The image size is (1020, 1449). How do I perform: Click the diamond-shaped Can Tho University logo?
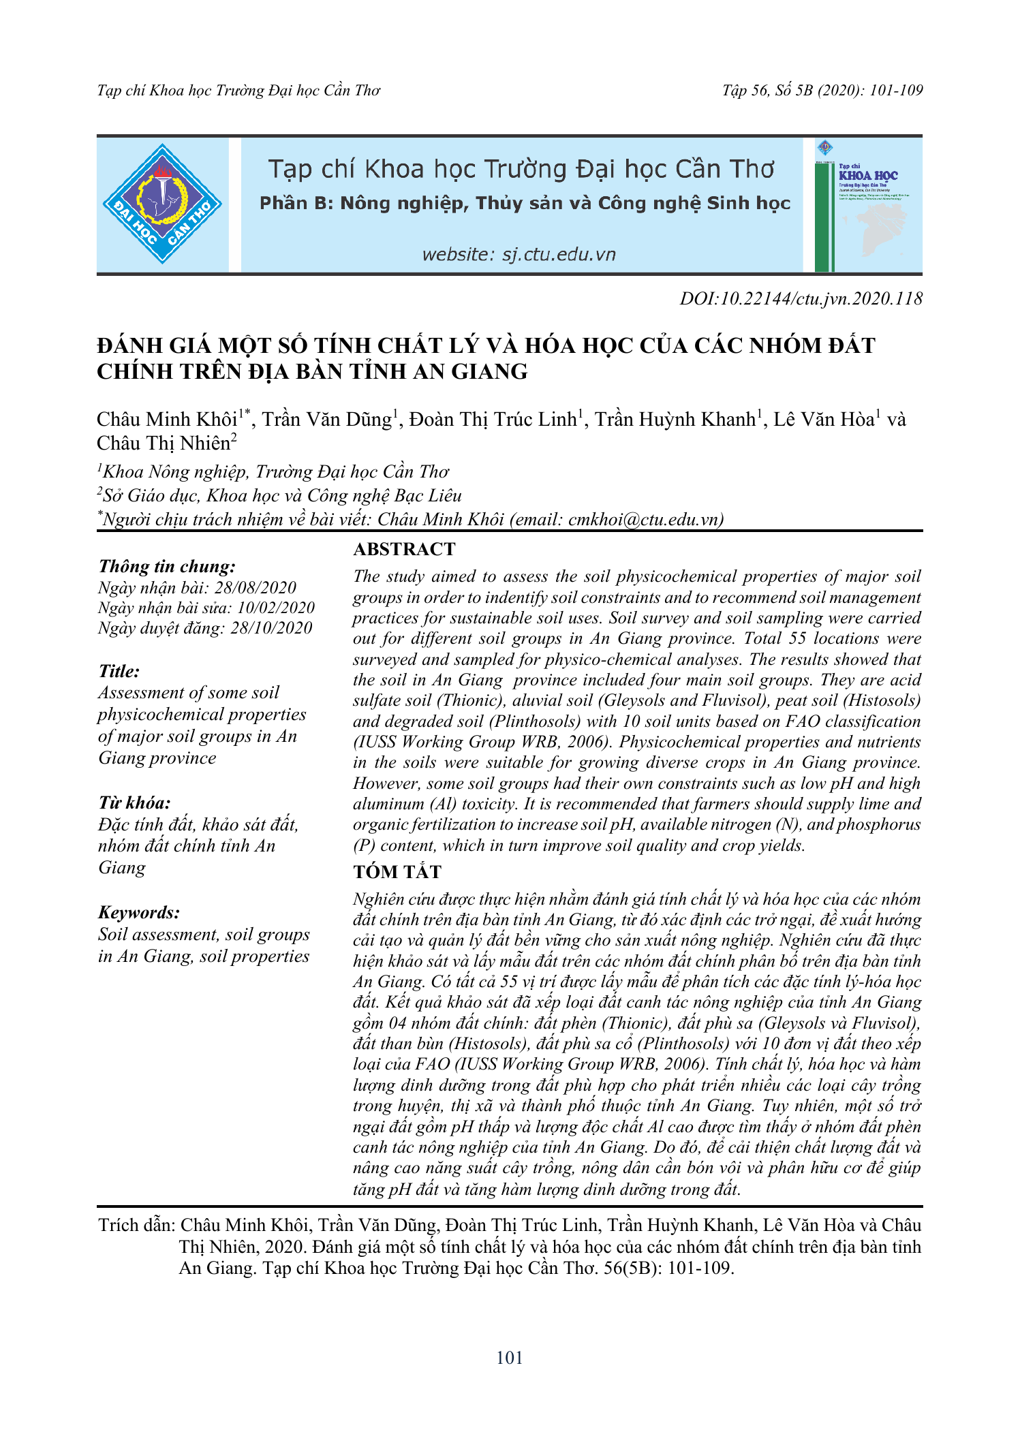[162, 204]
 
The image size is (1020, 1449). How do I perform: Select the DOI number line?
[801, 298]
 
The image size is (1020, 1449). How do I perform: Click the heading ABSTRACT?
[404, 549]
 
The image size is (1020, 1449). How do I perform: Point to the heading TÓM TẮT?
[397, 872]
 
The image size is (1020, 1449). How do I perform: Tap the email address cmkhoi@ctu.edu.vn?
[643, 520]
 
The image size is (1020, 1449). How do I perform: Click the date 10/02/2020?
[276, 608]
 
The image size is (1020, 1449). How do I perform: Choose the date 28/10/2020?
[271, 628]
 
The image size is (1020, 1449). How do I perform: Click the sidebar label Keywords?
[139, 912]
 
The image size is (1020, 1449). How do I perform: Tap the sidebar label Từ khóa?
[134, 803]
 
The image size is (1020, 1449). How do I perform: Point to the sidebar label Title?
[119, 671]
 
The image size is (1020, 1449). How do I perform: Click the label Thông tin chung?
[168, 566]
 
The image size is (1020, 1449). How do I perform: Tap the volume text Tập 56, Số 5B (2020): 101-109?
[822, 91]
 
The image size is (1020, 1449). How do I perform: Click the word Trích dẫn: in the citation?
[136, 1226]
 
